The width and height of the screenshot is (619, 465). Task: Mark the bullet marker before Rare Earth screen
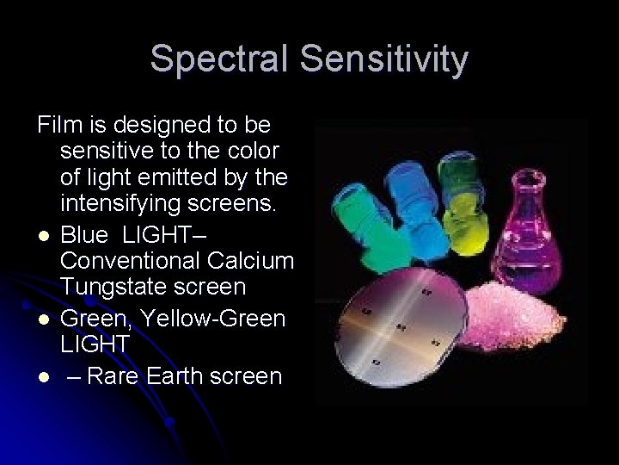pos(43,375)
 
